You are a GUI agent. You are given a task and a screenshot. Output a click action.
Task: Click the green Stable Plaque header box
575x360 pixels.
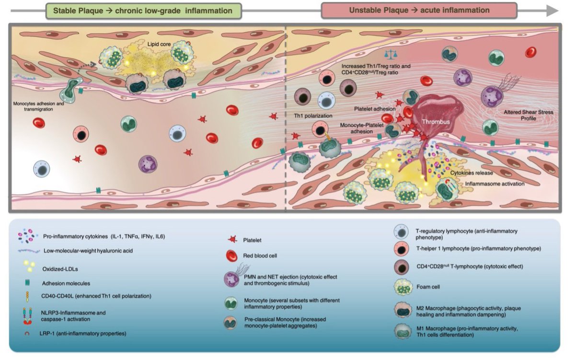(142, 10)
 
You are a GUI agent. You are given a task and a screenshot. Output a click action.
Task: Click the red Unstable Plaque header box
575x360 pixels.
(419, 10)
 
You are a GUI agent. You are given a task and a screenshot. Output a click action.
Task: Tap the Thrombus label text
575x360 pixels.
(436, 122)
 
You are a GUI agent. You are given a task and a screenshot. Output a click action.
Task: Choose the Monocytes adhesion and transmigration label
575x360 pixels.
(40, 105)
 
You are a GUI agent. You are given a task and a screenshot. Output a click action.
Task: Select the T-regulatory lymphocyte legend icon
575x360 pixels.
(403, 233)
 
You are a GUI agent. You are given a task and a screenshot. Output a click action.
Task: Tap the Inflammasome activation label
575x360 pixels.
(494, 183)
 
